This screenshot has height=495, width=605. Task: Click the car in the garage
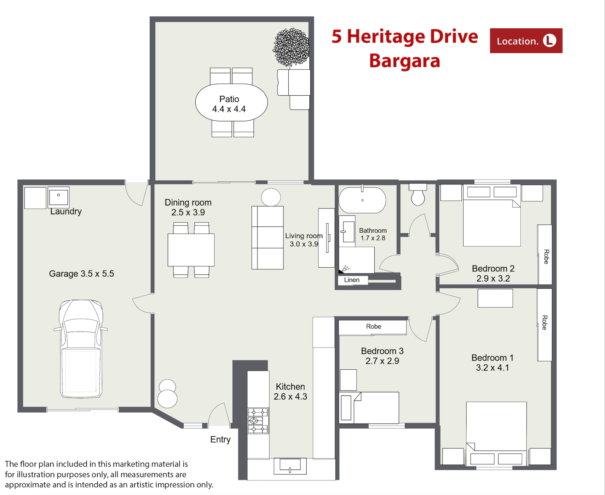coord(81,349)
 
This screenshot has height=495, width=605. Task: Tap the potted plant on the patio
coord(291,47)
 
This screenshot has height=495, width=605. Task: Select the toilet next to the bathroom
coord(418,194)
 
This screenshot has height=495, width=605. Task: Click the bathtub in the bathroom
coord(362,200)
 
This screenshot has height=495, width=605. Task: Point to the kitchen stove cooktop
coord(258,421)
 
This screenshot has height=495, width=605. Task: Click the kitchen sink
coord(290,466)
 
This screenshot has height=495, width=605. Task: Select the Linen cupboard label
coord(352,280)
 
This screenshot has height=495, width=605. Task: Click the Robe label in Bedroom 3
coord(373,327)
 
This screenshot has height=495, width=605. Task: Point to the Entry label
coord(220,440)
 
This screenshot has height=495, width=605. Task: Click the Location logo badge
coord(526,41)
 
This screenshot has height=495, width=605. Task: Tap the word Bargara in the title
coord(405,61)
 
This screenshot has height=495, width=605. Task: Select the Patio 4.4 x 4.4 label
coord(229,104)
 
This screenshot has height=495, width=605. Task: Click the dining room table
coord(191,250)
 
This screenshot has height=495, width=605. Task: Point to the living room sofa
coord(268,238)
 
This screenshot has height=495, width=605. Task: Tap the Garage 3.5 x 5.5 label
coord(81,274)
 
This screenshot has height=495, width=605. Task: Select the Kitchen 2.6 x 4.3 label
coord(290,392)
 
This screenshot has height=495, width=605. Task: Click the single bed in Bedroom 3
coord(369,408)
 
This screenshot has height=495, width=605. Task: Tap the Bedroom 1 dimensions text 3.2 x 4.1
coord(493,368)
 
